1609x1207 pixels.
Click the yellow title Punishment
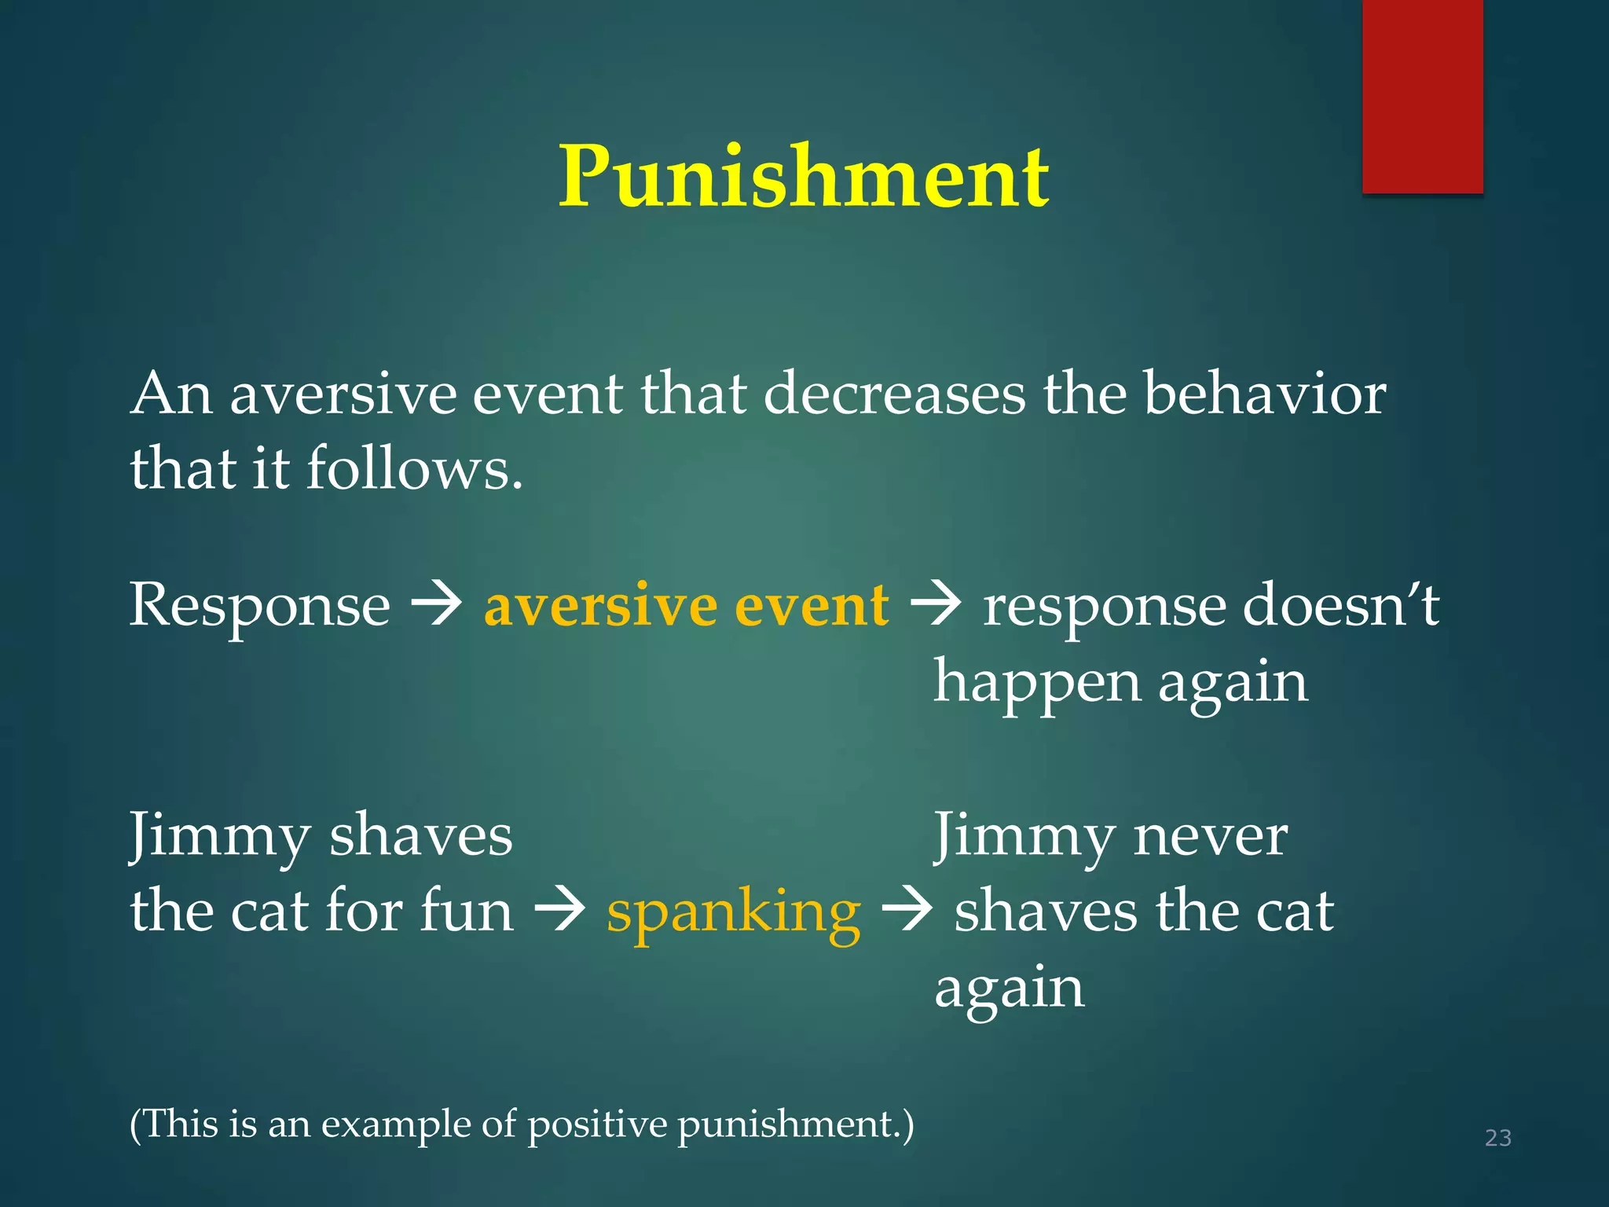(x=803, y=178)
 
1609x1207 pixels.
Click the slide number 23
(x=1497, y=1138)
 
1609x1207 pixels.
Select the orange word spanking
(x=733, y=914)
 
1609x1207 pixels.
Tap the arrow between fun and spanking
(x=559, y=912)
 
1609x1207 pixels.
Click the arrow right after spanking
(x=907, y=912)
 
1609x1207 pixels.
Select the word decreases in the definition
(x=894, y=394)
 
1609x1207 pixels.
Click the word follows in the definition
(x=414, y=469)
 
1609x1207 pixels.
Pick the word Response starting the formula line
(x=259, y=606)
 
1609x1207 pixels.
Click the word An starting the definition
(x=171, y=394)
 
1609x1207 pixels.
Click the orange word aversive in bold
(x=599, y=606)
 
